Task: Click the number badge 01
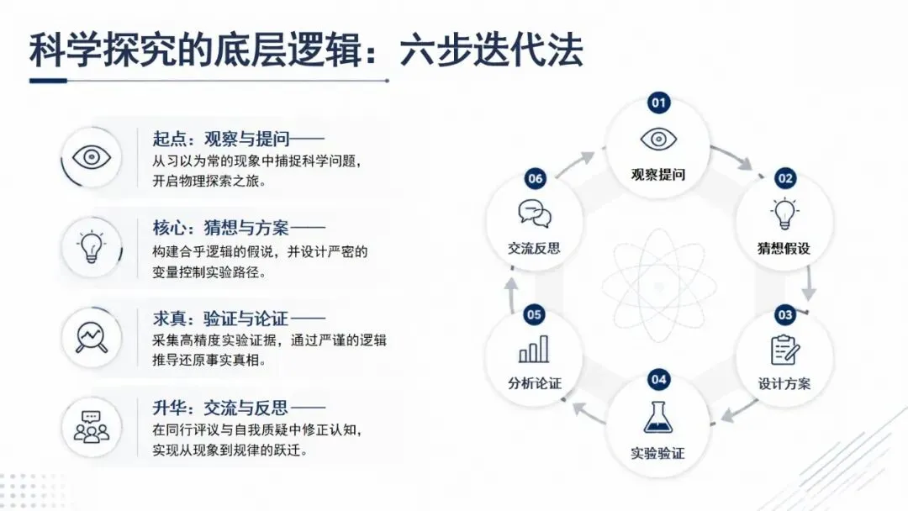pyautogui.click(x=658, y=103)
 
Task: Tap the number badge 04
pyautogui.click(x=658, y=380)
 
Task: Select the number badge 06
pyautogui.click(x=535, y=179)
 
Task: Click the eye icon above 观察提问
pyautogui.click(x=658, y=139)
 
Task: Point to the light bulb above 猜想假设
pyautogui.click(x=784, y=213)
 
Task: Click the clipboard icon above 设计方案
pyautogui.click(x=784, y=350)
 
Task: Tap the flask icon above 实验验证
pyautogui.click(x=658, y=417)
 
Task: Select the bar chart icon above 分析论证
pyautogui.click(x=533, y=349)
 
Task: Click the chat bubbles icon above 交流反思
pyautogui.click(x=535, y=213)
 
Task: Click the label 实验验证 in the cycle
pyautogui.click(x=657, y=453)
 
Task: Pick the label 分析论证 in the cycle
pyautogui.click(x=535, y=383)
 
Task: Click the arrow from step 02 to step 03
pyautogui.click(x=809, y=283)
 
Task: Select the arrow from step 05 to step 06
pyautogui.click(x=511, y=294)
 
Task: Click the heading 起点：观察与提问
pyautogui.click(x=220, y=139)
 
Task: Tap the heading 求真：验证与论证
pyautogui.click(x=220, y=319)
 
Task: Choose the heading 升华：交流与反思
pyautogui.click(x=220, y=408)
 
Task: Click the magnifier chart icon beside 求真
pyautogui.click(x=92, y=338)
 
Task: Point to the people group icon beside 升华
pyautogui.click(x=92, y=427)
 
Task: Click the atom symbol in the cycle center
pyautogui.click(x=658, y=286)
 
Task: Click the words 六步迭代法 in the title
pyautogui.click(x=491, y=50)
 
